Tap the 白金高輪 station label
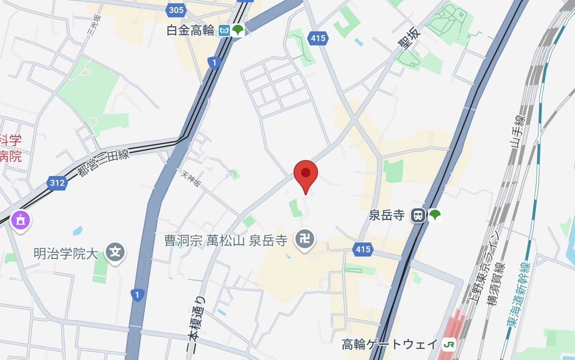pyautogui.click(x=191, y=31)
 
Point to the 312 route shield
pyautogui.click(x=57, y=183)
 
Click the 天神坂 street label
pyautogui.click(x=191, y=178)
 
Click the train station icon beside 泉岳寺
pyautogui.click(x=418, y=215)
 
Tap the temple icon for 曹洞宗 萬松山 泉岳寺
pyautogui.click(x=305, y=240)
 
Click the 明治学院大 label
pyautogui.click(x=66, y=253)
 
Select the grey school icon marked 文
pyautogui.click(x=115, y=253)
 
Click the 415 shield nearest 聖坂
pyautogui.click(x=317, y=38)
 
